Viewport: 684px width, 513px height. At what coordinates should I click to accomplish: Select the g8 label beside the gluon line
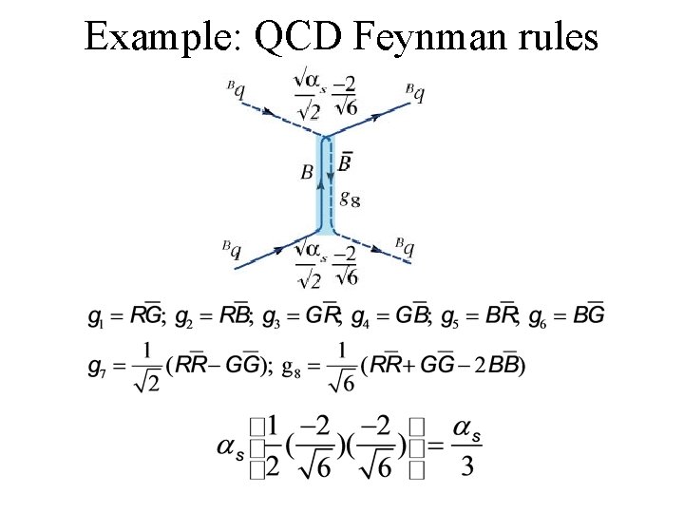[x=349, y=199]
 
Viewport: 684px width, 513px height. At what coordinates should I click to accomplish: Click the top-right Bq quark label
[x=414, y=92]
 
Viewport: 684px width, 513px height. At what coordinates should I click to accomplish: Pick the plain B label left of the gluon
[x=306, y=172]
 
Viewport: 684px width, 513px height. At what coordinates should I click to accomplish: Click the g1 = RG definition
[x=125, y=315]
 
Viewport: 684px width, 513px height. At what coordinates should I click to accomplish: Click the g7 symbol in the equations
[x=97, y=366]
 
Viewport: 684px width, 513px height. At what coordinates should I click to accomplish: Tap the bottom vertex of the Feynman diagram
[x=325, y=234]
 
